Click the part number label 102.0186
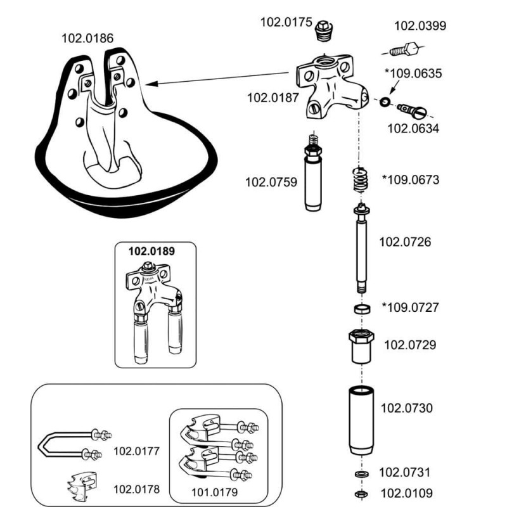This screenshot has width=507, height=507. point(87,38)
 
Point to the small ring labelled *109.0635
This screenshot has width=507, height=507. point(385,101)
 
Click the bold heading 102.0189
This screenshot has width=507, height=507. point(151,250)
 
